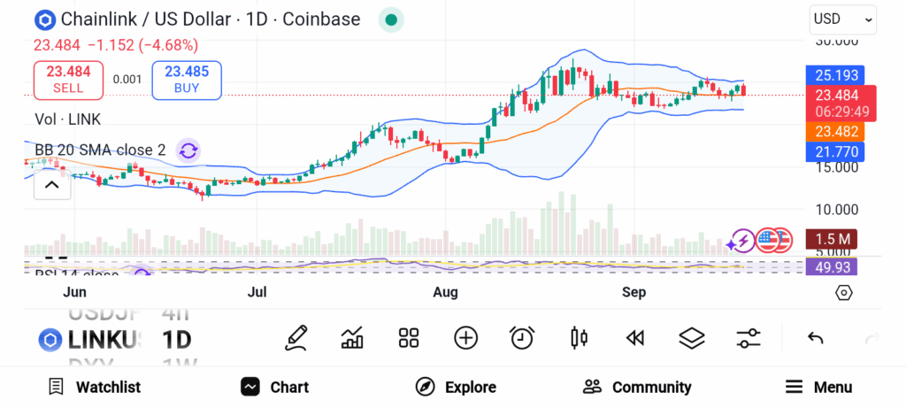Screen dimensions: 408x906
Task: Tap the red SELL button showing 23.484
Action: (68, 80)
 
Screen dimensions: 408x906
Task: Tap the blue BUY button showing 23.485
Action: (187, 80)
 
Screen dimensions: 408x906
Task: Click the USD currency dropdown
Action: (842, 19)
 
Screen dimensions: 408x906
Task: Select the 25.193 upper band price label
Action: (834, 75)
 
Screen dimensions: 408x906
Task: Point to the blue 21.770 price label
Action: (834, 151)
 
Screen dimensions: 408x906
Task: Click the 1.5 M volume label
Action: (833, 239)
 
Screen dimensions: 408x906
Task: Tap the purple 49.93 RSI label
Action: (833, 266)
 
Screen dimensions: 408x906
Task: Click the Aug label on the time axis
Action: (445, 292)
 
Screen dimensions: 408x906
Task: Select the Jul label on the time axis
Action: (257, 292)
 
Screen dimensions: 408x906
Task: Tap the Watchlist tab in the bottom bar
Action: (94, 387)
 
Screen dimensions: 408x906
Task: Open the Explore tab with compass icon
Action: (456, 387)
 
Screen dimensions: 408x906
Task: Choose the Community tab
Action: (637, 387)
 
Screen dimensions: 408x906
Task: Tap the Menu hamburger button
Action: (818, 387)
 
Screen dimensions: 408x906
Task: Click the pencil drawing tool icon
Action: (296, 337)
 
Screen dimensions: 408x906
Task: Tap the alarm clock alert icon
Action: (522, 337)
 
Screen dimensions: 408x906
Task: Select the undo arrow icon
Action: (816, 337)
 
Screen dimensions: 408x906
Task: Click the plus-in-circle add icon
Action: (465, 337)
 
